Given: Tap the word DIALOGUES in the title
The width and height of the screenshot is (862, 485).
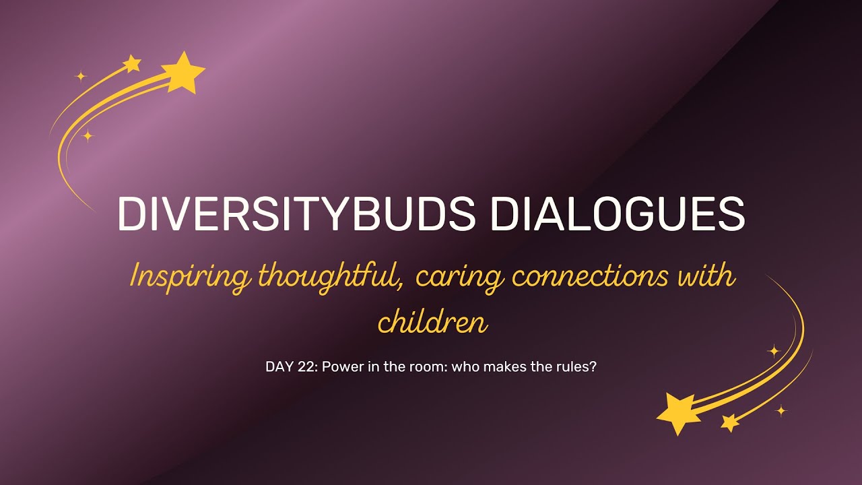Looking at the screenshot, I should (x=618, y=214).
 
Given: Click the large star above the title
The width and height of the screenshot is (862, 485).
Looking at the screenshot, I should (x=183, y=71).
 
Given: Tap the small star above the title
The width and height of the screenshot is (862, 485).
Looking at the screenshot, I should (x=132, y=63).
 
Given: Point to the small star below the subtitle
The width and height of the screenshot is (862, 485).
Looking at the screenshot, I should (x=729, y=422).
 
